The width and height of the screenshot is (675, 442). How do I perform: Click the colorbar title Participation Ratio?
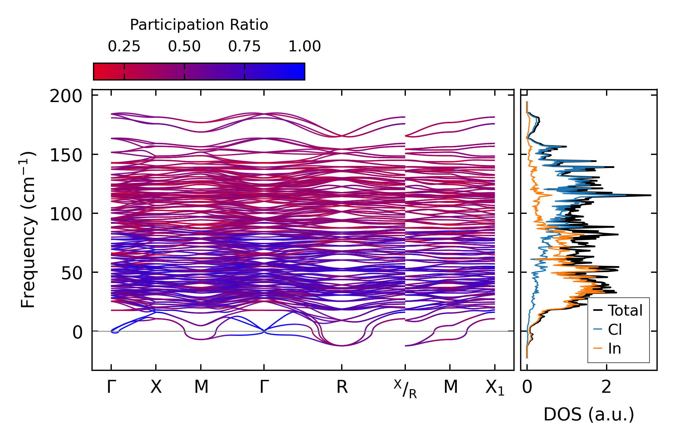pyautogui.click(x=199, y=25)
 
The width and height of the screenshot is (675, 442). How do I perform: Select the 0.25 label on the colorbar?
pyautogui.click(x=124, y=46)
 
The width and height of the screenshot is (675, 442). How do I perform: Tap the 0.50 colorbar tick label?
pyautogui.click(x=184, y=46)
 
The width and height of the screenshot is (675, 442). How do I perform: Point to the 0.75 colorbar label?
pyautogui.click(x=245, y=46)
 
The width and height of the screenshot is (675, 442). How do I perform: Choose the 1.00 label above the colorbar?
pyautogui.click(x=305, y=46)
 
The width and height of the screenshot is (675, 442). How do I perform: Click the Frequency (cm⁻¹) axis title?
pyautogui.click(x=28, y=230)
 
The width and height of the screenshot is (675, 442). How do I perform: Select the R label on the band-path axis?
pyautogui.click(x=342, y=387)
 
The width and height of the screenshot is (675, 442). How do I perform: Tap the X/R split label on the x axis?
pyautogui.click(x=405, y=389)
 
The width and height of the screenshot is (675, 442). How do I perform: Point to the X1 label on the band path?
pyautogui.click(x=495, y=388)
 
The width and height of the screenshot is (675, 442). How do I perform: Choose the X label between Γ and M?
pyautogui.click(x=156, y=387)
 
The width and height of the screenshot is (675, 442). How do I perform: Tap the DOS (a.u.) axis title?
pyautogui.click(x=589, y=415)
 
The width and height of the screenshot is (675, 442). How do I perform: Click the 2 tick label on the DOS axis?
pyautogui.click(x=606, y=387)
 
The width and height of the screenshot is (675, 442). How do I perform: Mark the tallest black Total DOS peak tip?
pyautogui.click(x=651, y=195)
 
